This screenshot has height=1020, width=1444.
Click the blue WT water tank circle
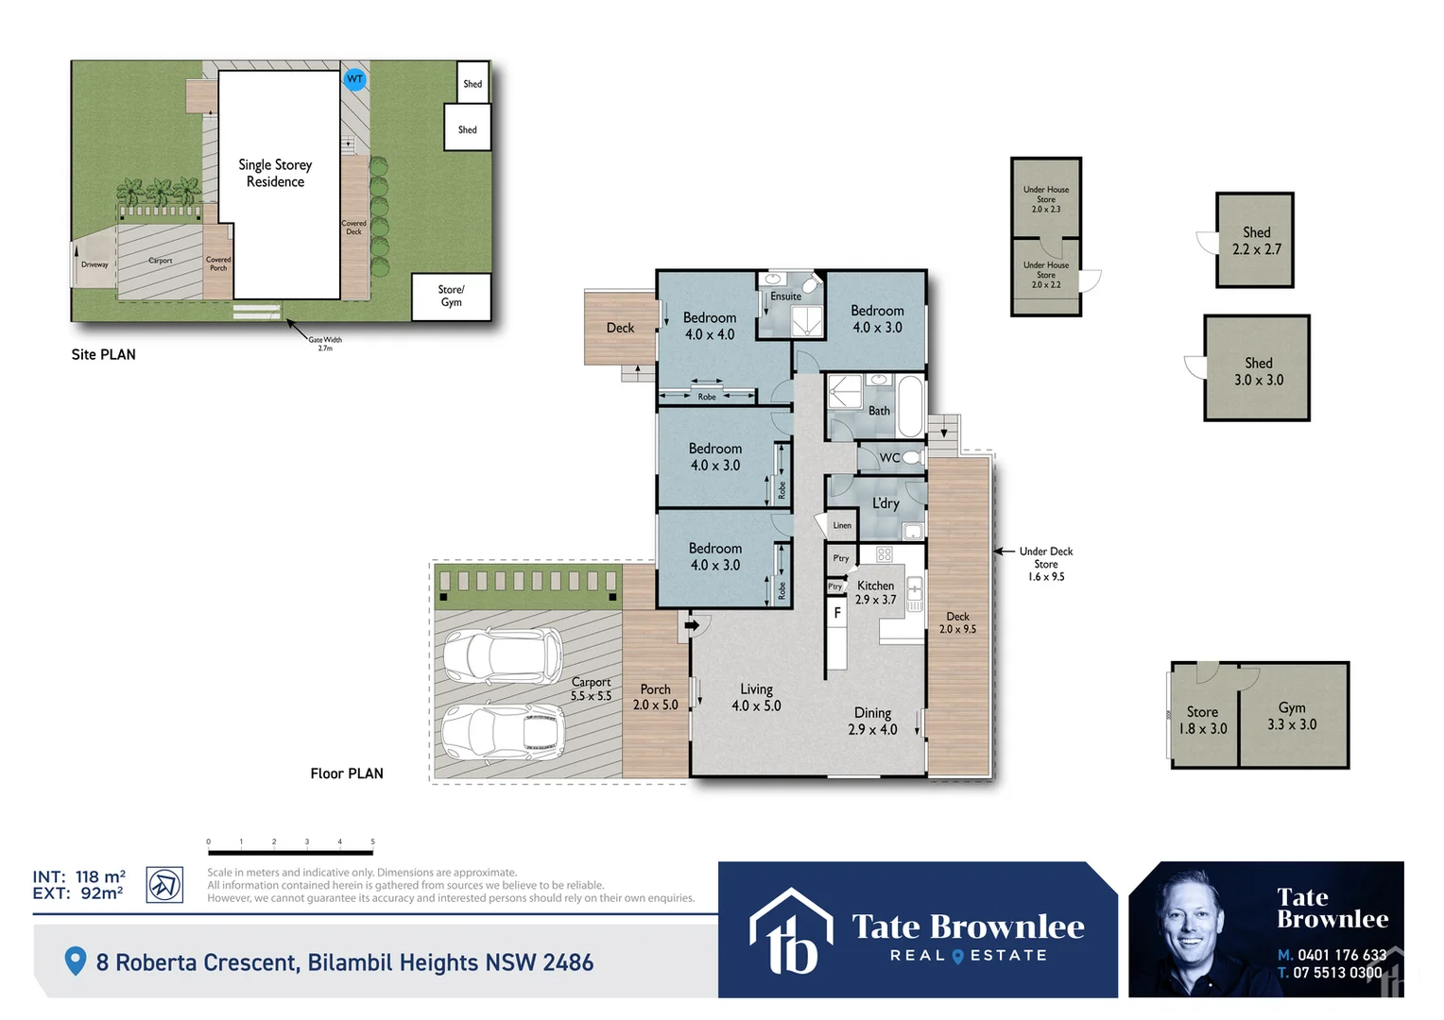coord(354,79)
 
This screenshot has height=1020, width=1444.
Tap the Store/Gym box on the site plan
coord(451,297)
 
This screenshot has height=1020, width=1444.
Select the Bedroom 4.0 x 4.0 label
coord(710,326)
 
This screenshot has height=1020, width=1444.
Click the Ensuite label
coord(785,297)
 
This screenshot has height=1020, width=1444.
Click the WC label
coord(889,458)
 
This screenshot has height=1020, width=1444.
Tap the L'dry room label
coord(885,503)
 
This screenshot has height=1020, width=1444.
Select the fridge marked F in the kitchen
coord(836,614)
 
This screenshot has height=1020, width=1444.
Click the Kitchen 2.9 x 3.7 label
coord(875,592)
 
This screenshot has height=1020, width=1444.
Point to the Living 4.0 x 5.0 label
coord(756,698)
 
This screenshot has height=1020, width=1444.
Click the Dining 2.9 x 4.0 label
coord(872,721)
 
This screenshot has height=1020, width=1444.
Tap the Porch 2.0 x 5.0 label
coord(655,697)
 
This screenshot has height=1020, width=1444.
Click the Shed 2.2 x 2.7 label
coord(1256,241)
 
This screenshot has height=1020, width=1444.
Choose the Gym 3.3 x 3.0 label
coord(1292,716)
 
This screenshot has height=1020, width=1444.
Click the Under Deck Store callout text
coord(1046,564)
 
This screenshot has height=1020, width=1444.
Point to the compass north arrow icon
coord(164,885)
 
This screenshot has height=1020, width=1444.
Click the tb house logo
coord(792,931)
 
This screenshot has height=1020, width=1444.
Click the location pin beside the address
coord(75,961)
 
